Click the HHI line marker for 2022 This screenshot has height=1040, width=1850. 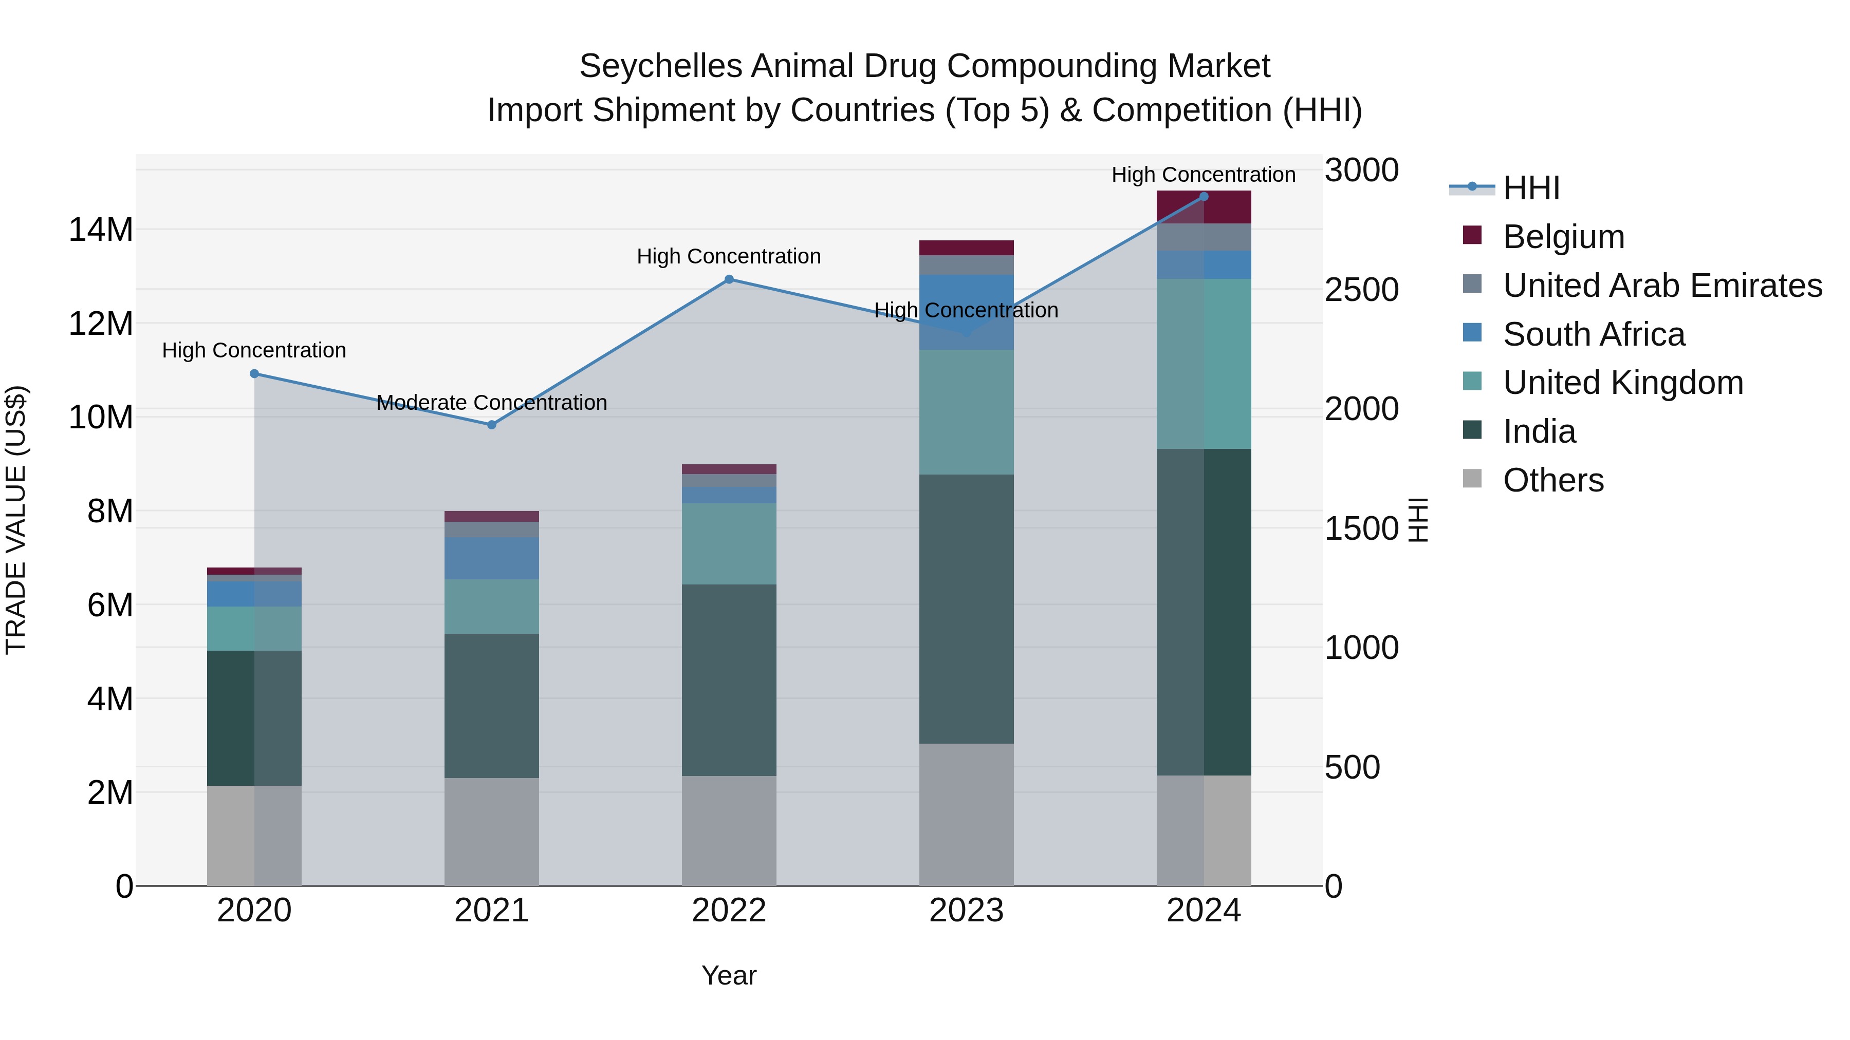point(729,279)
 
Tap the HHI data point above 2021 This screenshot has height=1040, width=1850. point(492,425)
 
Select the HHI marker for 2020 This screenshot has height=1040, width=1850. point(254,374)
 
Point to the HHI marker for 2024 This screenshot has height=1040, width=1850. point(1204,197)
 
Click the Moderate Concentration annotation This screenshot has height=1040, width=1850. point(492,403)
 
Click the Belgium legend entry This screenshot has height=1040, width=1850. point(1563,237)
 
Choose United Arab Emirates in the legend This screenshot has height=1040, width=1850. point(1662,286)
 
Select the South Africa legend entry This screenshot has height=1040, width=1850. point(1594,334)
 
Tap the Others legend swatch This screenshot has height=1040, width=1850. point(1472,479)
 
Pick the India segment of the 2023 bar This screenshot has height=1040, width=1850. point(966,609)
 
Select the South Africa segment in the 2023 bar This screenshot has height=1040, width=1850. point(966,312)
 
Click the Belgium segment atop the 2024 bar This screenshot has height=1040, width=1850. point(1204,206)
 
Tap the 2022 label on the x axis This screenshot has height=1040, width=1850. point(729,911)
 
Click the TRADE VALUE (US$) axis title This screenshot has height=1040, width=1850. point(16,520)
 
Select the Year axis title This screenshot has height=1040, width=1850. point(729,975)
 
